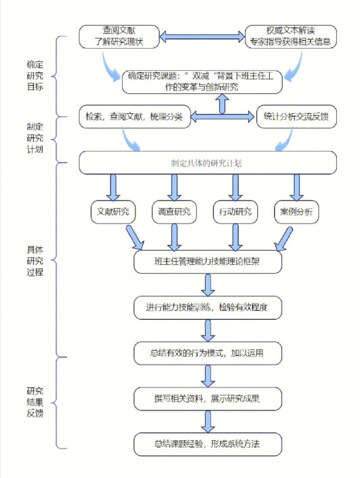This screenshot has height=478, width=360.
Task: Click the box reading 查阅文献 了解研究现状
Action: coord(119,36)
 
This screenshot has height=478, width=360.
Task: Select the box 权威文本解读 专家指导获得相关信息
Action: coord(291,36)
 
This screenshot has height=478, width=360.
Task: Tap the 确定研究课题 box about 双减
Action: coord(202,82)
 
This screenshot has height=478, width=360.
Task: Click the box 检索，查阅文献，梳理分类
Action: coord(135,117)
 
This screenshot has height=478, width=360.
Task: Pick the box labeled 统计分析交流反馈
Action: coord(296,117)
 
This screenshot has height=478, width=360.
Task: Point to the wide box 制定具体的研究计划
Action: coord(208,163)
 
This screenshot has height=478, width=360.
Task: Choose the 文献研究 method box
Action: coord(113,212)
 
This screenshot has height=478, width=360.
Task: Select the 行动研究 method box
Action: coord(235,212)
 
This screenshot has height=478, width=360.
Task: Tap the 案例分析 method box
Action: coord(297,212)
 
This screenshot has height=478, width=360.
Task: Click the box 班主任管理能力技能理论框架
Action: coord(208,262)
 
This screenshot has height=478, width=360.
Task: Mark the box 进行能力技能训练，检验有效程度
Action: coord(208,308)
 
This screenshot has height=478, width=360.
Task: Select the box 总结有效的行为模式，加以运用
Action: coord(208,353)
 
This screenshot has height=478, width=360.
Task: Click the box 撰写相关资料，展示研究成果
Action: coord(208,399)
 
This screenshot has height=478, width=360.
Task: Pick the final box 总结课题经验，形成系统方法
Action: coord(208,444)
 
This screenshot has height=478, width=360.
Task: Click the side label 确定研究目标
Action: coord(35,76)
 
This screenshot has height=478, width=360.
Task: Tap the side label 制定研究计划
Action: coord(35,138)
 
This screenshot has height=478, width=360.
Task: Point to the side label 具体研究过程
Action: coord(35,261)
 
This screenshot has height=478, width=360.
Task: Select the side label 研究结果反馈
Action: coord(35,402)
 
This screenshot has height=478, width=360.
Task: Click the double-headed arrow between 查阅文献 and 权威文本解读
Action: coord(202,36)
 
